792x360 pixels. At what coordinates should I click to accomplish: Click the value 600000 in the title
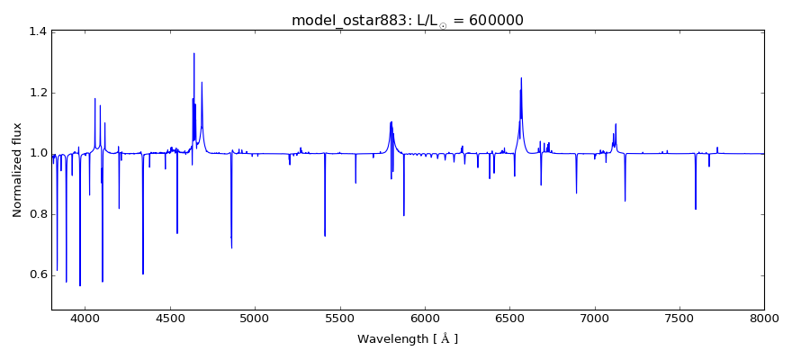(x=493, y=21)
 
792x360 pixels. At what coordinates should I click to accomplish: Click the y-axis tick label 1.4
(x=37, y=31)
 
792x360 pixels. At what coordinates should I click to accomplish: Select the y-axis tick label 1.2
(x=37, y=93)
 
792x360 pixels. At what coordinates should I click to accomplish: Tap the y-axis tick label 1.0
(x=37, y=153)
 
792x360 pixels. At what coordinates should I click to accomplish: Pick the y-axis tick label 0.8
(x=37, y=214)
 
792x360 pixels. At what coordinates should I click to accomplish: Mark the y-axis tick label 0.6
(x=37, y=274)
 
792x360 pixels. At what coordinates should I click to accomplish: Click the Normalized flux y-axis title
(x=18, y=170)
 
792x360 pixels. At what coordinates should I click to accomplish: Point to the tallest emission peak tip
(x=193, y=53)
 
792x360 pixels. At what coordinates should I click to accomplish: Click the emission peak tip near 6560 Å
(x=521, y=77)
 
